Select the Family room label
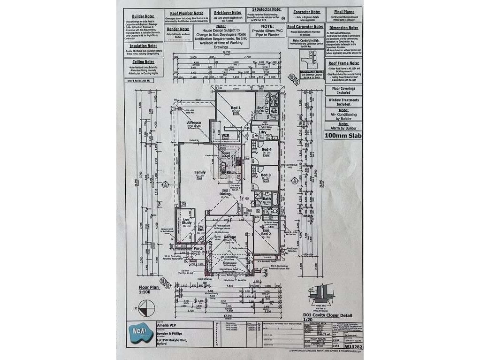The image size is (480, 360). point(200,172)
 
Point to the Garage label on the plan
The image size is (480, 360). point(229,237)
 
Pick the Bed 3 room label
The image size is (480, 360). point(266,175)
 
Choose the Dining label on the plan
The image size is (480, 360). point(225,193)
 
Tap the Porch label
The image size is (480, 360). point(198,248)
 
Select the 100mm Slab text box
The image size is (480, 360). point(343,136)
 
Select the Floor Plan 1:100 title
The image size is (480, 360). point(148,290)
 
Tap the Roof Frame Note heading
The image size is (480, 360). point(344,62)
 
